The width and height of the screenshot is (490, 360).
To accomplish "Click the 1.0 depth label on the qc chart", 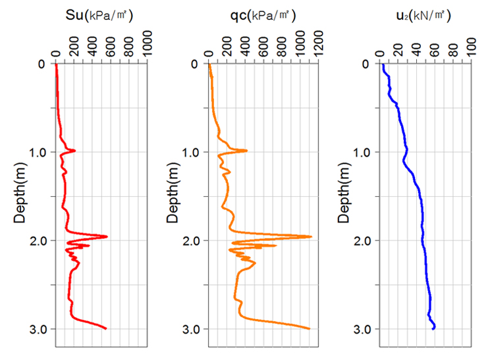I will pyautogui.click(x=192, y=152).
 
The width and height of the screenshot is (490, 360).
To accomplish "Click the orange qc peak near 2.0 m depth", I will pyautogui.click(x=310, y=236).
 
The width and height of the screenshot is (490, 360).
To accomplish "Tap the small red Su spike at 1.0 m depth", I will pyautogui.click(x=74, y=151).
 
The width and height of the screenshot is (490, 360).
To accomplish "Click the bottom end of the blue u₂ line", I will pyautogui.click(x=433, y=328).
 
